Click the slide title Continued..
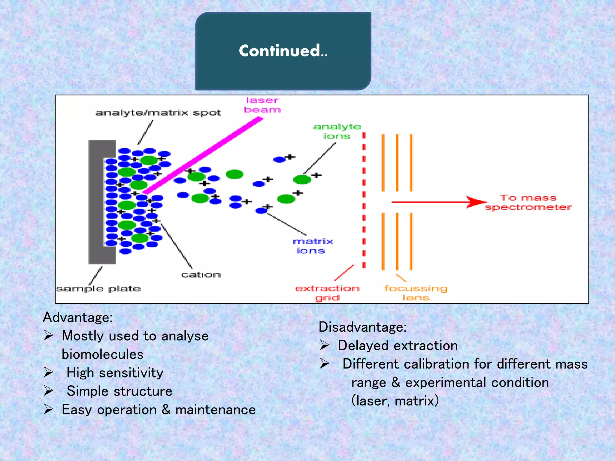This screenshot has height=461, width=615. point(283,51)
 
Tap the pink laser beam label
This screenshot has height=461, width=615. point(262,105)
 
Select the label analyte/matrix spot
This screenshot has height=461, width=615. point(158,113)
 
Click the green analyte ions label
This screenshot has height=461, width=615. point(337,131)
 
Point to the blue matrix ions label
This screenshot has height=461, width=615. point(312,246)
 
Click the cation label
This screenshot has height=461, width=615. point(201,275)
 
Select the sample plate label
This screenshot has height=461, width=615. point(98,289)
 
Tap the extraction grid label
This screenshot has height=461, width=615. point(327,293)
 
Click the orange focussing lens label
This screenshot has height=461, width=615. point(416,293)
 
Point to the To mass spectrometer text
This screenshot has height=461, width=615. point(528,203)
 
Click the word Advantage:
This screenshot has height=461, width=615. point(78,317)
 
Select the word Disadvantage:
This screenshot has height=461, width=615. point(362,327)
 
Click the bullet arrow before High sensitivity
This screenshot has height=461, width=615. point(49,372)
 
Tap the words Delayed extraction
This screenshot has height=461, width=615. point(398,345)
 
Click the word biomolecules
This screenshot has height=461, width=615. point(103,354)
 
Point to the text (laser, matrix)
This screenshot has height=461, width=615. point(395,401)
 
